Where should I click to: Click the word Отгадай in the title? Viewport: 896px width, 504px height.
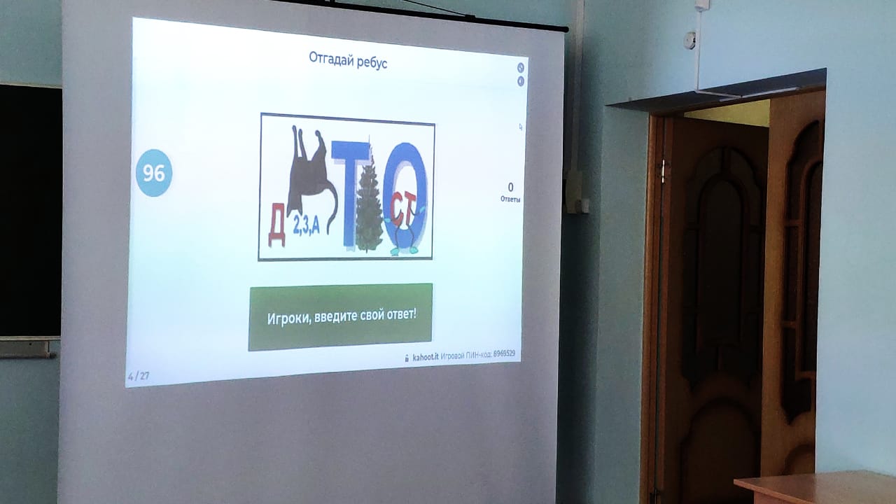pyautogui.click(x=331, y=59)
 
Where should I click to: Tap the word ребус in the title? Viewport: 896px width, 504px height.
pyautogui.click(x=372, y=63)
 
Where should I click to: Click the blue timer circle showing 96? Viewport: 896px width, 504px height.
pyautogui.click(x=154, y=173)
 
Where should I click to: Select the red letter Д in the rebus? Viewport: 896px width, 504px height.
pyautogui.click(x=276, y=225)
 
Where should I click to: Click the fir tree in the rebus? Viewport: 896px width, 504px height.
pyautogui.click(x=369, y=204)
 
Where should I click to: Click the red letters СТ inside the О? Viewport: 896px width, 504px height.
pyautogui.click(x=403, y=208)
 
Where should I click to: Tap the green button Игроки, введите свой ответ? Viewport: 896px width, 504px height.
pyautogui.click(x=340, y=317)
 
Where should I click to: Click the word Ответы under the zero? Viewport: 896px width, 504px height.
pyautogui.click(x=510, y=199)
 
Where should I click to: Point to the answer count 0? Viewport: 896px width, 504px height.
pyautogui.click(x=510, y=187)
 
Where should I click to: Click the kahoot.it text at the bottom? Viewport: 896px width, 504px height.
pyautogui.click(x=425, y=357)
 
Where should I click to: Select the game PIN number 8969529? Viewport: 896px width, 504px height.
pyautogui.click(x=504, y=353)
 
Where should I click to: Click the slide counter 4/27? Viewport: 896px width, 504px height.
pyautogui.click(x=139, y=376)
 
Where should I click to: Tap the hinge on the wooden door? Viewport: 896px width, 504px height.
pyautogui.click(x=664, y=171)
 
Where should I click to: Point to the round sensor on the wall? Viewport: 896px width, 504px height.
pyautogui.click(x=690, y=41)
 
